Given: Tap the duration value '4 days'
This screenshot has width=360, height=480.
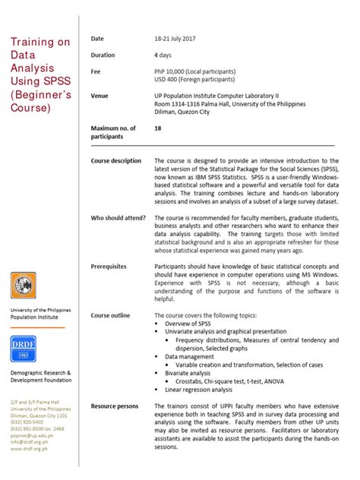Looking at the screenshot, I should point(163,55).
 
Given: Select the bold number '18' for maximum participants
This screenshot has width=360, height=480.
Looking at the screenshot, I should point(158,129).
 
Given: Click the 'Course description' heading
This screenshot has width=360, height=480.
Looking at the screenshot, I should point(116,161).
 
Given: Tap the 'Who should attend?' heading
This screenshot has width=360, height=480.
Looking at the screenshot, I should point(118,218).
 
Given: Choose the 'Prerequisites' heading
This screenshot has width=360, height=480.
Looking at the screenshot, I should point(109,267).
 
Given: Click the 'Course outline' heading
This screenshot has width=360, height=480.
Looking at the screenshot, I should point(110,315).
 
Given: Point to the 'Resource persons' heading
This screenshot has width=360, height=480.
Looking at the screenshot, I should point(115,406).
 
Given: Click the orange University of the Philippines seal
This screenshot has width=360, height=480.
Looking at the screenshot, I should point(24,286).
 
